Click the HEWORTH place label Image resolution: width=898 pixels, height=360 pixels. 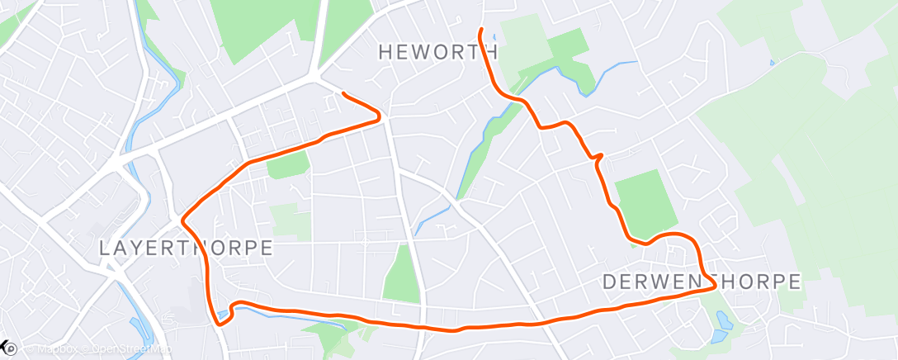pos(438,51)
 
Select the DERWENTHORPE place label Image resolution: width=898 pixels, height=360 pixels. pos(702,282)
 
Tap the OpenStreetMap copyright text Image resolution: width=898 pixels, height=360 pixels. pos(128,348)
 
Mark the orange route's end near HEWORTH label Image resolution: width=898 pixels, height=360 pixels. pos(480,31)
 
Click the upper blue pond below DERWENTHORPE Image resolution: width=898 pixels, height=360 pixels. pos(723,318)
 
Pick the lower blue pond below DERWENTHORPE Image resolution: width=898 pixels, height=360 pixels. pos(716,335)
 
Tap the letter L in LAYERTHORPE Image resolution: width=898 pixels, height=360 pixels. pos(104,248)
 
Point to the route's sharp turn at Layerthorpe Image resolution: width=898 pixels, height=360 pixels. pos(183,220)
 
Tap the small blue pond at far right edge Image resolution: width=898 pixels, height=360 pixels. pos(772,62)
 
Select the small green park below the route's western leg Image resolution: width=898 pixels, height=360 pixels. pos(287,165)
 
